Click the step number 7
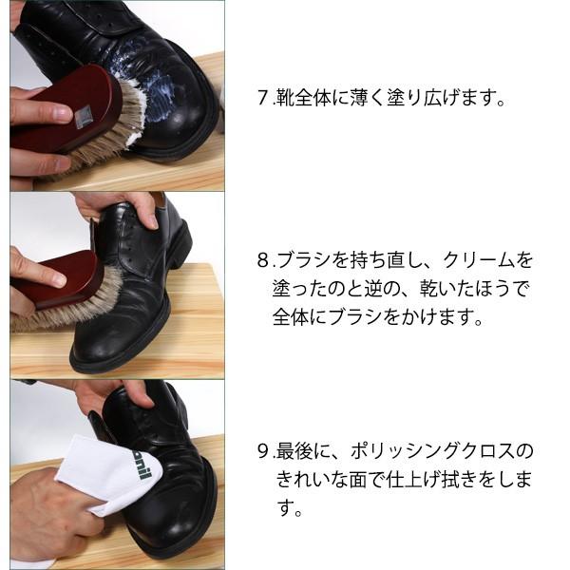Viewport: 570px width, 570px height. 262,99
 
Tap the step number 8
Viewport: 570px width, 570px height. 262,259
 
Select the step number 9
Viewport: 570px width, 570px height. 262,450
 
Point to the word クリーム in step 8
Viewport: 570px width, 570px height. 479,259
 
